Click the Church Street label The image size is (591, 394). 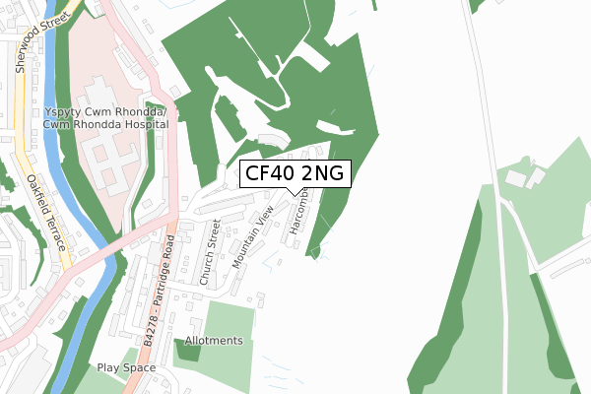point(210,253)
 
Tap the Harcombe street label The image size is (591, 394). point(298,212)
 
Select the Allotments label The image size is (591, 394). point(214,341)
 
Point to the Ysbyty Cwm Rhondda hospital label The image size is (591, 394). point(105,113)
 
